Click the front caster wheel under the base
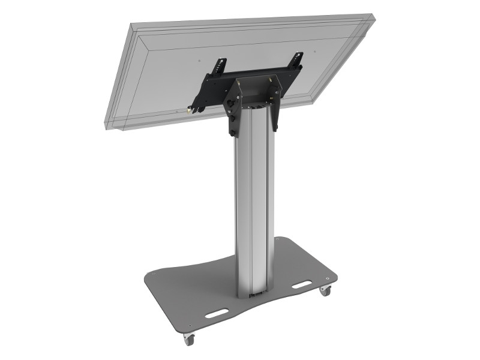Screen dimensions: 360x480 point(190,340)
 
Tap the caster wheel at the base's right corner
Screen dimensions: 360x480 point(325,290)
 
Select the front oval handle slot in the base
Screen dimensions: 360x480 point(215,313)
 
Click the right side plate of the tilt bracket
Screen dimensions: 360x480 point(274,105)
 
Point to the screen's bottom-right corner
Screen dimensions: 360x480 point(312,102)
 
